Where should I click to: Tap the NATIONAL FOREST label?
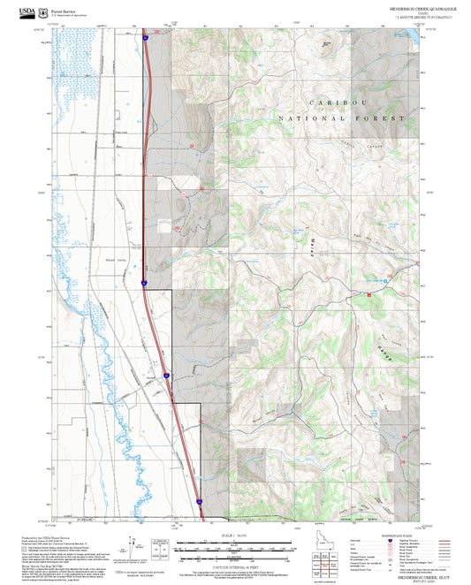(341, 118)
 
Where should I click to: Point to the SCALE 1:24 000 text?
(231, 536)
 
